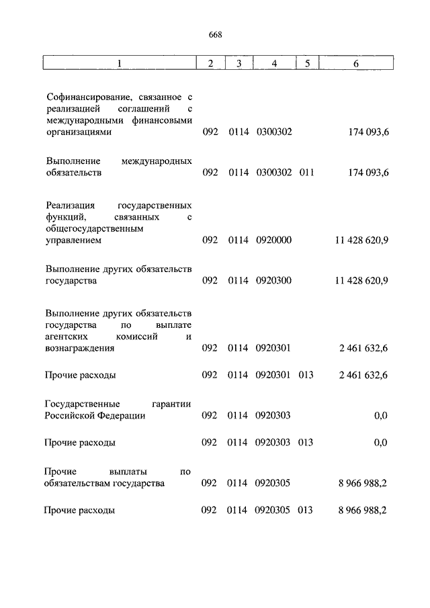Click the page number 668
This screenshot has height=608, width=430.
[214, 36]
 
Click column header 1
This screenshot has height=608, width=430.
[119, 64]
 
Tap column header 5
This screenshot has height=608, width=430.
[306, 64]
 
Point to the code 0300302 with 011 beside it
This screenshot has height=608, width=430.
[273, 173]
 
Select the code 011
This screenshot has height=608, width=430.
[306, 173]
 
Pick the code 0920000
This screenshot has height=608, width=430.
[273, 240]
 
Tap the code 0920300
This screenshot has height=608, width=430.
[273, 281]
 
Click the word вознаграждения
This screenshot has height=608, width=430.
[79, 348]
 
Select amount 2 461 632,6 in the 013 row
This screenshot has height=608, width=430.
[363, 375]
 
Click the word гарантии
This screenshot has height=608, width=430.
[168, 404]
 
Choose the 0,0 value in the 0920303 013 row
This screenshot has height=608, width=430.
[380, 443]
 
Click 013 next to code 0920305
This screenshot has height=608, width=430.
[306, 510]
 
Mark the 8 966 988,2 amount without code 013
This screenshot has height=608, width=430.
[363, 483]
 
